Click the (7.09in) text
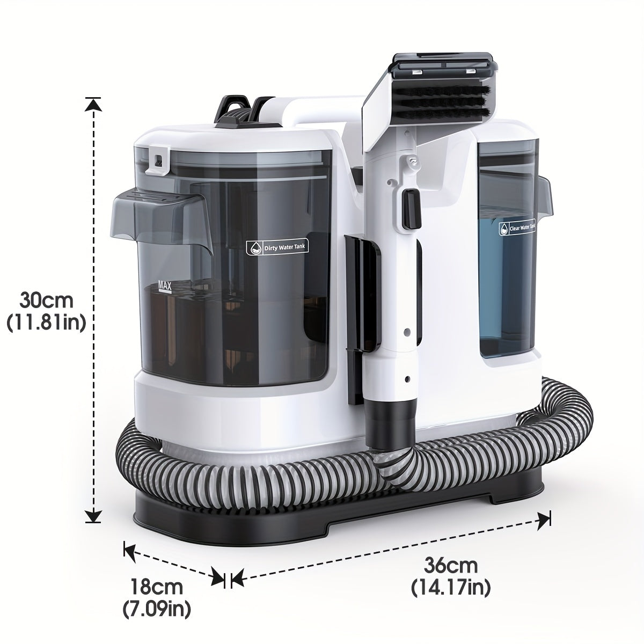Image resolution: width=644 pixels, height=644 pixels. [x=157, y=609]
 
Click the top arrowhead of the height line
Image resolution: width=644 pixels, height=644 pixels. [x=94, y=104]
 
